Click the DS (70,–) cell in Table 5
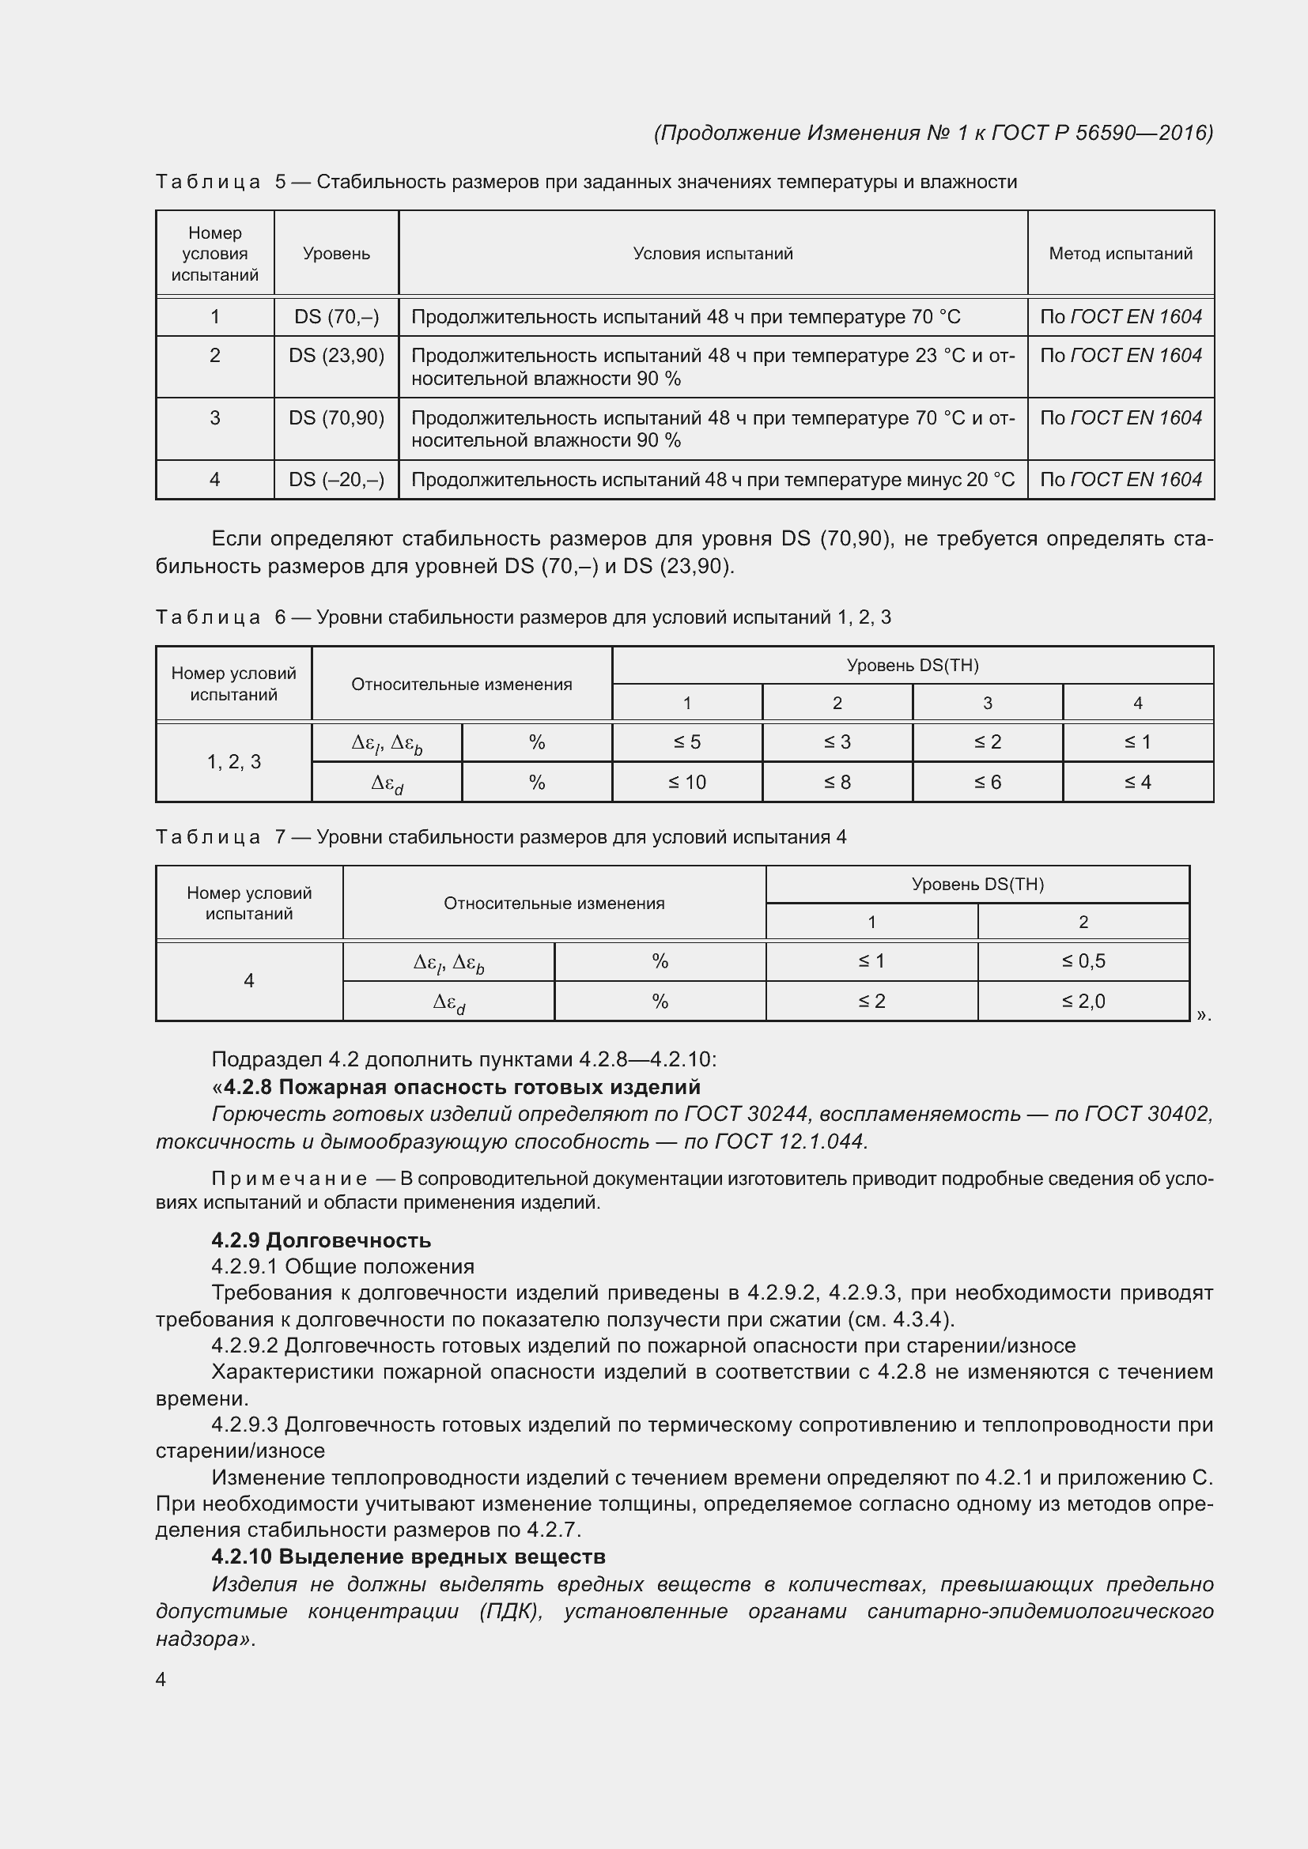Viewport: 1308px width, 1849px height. pyautogui.click(x=336, y=316)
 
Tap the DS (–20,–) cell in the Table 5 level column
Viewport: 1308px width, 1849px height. pyautogui.click(x=336, y=480)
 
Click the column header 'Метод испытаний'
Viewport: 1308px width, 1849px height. pyautogui.click(x=1120, y=254)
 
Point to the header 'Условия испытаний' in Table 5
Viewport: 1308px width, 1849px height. pyautogui.click(x=712, y=254)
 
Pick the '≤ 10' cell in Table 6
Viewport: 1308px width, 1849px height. pyautogui.click(x=686, y=782)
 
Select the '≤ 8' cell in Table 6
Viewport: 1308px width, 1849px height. pyautogui.click(x=837, y=782)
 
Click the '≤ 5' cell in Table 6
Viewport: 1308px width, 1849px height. pyautogui.click(x=686, y=741)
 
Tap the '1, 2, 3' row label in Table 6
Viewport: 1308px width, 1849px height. pyautogui.click(x=233, y=762)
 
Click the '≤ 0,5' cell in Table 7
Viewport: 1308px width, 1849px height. pyautogui.click(x=1083, y=960)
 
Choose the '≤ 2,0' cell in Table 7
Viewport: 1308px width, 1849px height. pyautogui.click(x=1083, y=1001)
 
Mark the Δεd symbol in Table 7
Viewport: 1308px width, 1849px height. pyautogui.click(x=448, y=1002)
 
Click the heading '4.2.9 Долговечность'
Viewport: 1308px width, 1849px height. pyautogui.click(x=320, y=1240)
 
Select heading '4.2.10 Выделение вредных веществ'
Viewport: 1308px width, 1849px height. pyautogui.click(x=407, y=1557)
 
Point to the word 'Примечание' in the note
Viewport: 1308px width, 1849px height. pyautogui.click(x=289, y=1179)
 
